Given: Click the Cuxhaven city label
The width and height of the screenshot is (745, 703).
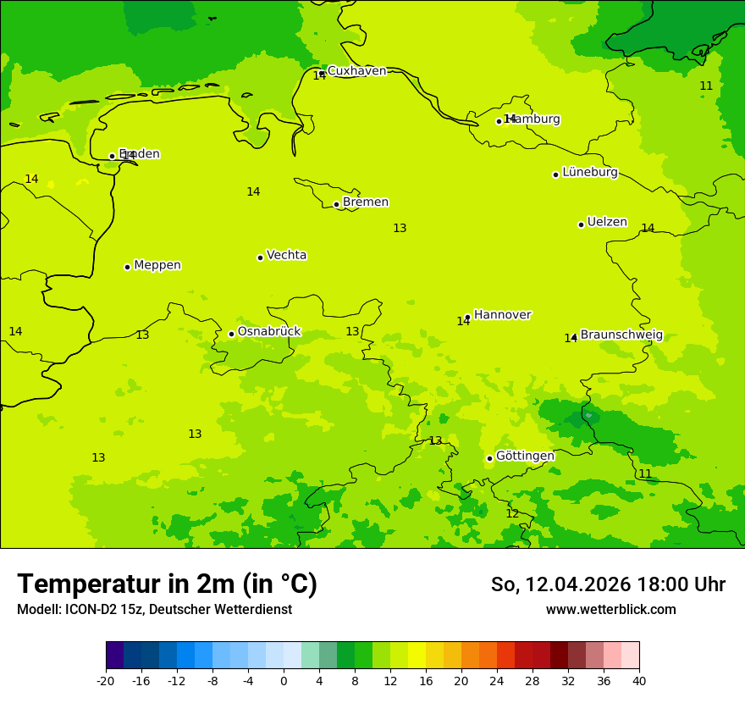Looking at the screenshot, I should coord(356,71).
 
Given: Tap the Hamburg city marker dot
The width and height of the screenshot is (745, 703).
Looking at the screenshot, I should coord(499,121).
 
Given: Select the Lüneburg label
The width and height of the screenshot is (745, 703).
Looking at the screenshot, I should coord(590,172).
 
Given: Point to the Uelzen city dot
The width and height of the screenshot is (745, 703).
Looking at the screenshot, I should coord(581,224).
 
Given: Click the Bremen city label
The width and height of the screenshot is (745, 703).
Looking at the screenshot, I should coord(366,202).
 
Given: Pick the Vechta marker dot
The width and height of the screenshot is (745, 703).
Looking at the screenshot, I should coord(260,257).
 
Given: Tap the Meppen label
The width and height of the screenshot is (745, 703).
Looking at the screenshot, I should coord(157,265).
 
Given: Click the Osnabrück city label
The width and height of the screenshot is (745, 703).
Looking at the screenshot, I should coord(269,331).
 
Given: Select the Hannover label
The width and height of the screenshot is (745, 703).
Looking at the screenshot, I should coord(502,315).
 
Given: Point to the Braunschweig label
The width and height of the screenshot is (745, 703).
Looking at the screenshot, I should coord(621,335).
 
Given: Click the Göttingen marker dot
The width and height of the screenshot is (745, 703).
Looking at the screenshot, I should coord(489,458).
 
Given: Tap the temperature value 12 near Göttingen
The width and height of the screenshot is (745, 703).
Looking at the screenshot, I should coord(512,513).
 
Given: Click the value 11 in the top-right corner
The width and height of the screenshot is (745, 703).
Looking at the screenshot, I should coord(706,86).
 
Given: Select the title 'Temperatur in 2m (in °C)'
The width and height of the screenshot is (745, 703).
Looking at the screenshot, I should coord(167,584).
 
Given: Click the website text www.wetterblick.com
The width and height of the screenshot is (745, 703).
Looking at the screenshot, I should coord(610,610).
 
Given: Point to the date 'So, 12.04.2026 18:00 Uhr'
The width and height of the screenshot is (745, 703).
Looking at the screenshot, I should coord(608,584).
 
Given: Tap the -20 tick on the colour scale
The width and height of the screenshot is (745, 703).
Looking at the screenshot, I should coord(106,680).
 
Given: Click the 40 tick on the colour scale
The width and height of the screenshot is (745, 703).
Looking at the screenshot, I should coord(639,680).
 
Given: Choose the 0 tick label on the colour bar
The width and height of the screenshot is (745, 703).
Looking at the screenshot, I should coord(284,680).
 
